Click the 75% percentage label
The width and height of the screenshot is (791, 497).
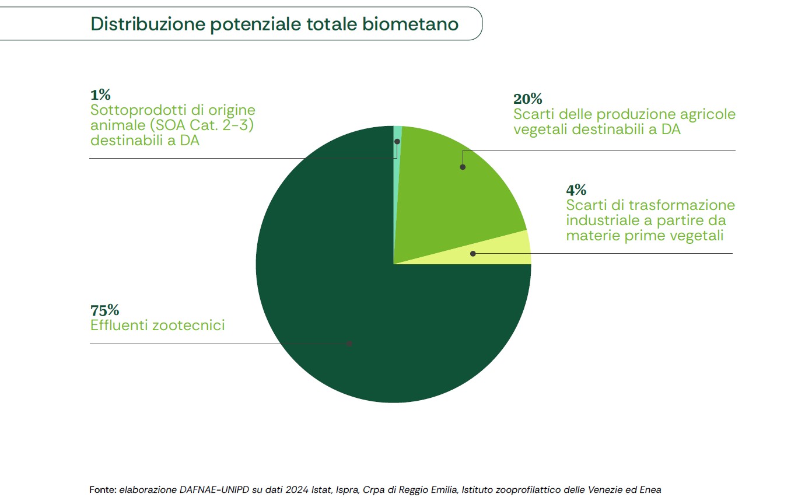[105, 310]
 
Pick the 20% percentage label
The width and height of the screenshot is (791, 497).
[527, 99]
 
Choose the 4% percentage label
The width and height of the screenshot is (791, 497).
[576, 190]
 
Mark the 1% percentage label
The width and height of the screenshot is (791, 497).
[100, 94]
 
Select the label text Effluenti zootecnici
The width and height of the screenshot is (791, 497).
[157, 325]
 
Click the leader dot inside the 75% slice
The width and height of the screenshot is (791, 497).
[349, 344]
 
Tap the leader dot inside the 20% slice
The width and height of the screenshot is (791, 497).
[463, 167]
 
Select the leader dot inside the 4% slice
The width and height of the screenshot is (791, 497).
[473, 254]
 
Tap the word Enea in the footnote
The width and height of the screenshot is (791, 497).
[650, 489]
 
